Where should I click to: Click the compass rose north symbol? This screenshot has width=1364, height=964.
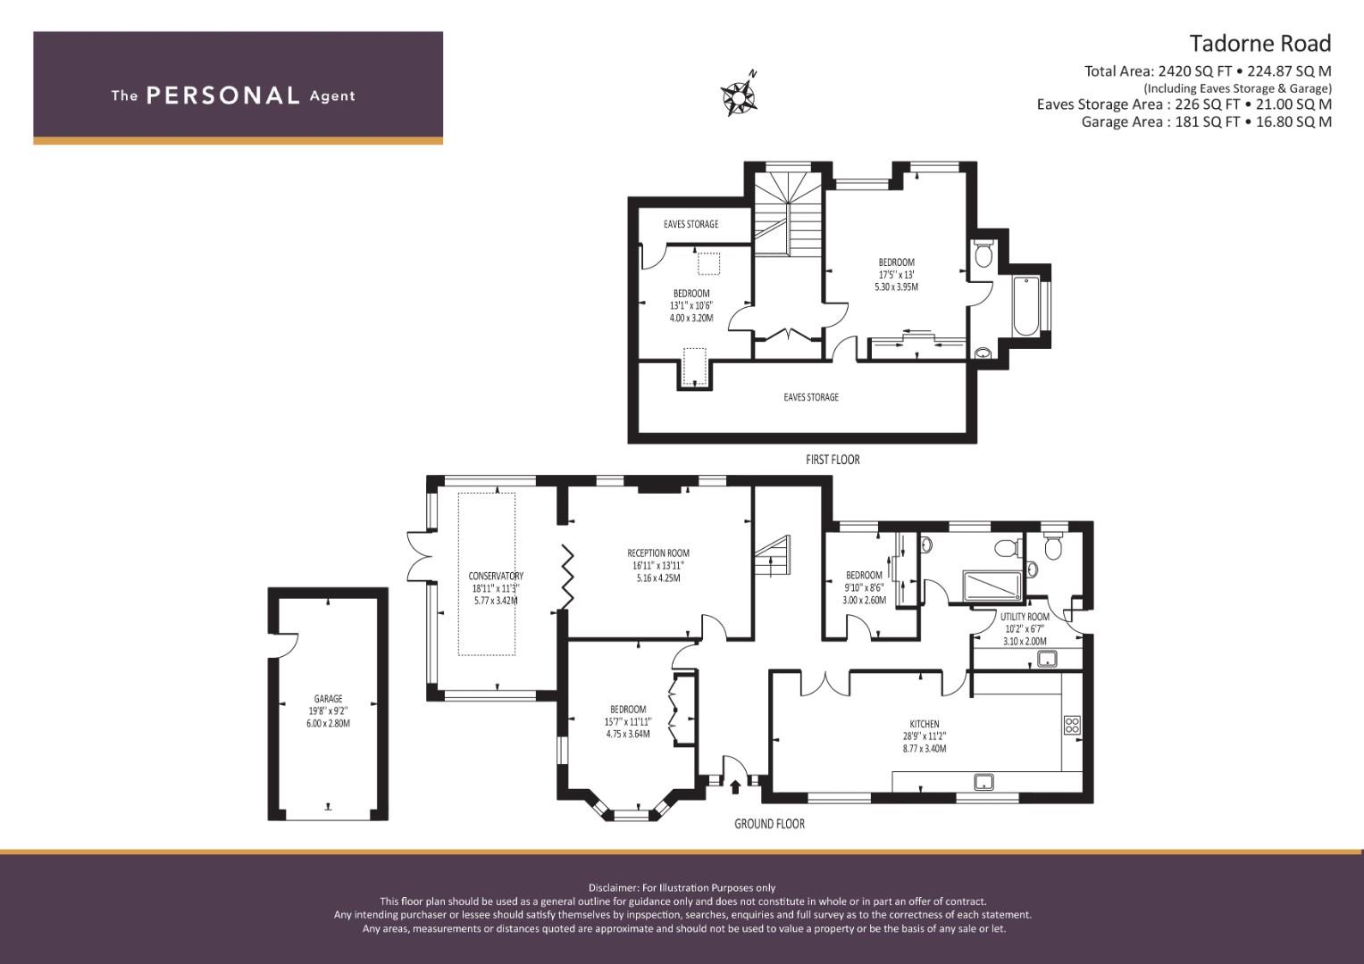(x=739, y=95)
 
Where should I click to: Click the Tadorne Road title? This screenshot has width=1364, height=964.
(x=1260, y=44)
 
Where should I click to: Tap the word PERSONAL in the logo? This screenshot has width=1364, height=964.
(x=223, y=96)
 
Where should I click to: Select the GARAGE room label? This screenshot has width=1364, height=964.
(x=328, y=699)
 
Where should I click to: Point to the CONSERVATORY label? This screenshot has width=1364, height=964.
(x=496, y=576)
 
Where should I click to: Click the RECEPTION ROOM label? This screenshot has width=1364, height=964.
(x=658, y=553)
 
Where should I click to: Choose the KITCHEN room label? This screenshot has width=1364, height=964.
(x=925, y=724)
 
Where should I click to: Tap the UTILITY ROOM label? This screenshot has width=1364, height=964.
(x=1025, y=617)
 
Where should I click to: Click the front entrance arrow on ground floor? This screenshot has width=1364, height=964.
(x=735, y=787)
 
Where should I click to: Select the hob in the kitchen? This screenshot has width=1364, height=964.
(x=1072, y=725)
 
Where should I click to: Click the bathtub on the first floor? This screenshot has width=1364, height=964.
(x=1026, y=306)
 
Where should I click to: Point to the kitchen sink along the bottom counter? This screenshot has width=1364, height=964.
(x=983, y=781)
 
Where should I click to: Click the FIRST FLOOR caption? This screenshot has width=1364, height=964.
(x=833, y=460)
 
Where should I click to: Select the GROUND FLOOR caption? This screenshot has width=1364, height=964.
(x=769, y=824)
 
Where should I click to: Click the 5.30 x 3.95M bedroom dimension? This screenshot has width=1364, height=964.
(x=896, y=287)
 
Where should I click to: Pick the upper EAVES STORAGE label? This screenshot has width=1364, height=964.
(x=690, y=224)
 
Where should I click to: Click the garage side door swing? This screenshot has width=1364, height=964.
(x=288, y=645)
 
